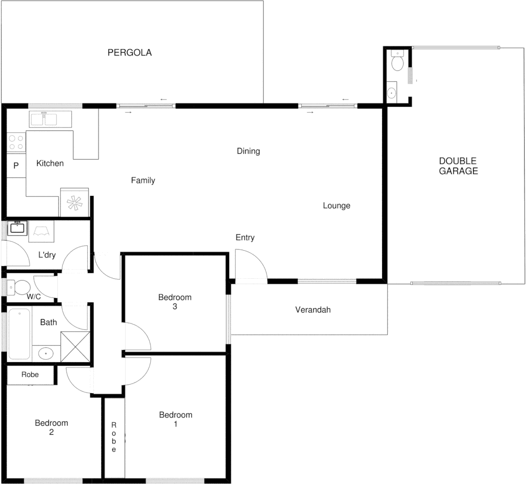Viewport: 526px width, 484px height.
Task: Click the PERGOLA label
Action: point(130,52)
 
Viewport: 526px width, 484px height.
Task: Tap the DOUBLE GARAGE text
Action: point(458,166)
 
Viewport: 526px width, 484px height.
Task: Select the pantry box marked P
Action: point(16,166)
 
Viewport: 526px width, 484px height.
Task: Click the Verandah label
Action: point(313,310)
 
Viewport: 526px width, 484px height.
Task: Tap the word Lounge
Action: point(336,206)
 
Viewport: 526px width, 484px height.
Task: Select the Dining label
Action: point(248,151)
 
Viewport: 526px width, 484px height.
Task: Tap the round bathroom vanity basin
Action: point(46,353)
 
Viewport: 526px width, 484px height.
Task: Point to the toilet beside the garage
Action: point(397,61)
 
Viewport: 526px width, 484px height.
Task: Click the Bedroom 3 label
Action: point(174,302)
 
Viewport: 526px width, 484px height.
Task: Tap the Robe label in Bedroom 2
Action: point(30,375)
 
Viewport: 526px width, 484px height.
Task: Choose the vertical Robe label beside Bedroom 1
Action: point(114,437)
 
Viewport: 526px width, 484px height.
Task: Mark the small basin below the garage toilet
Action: point(392,93)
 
